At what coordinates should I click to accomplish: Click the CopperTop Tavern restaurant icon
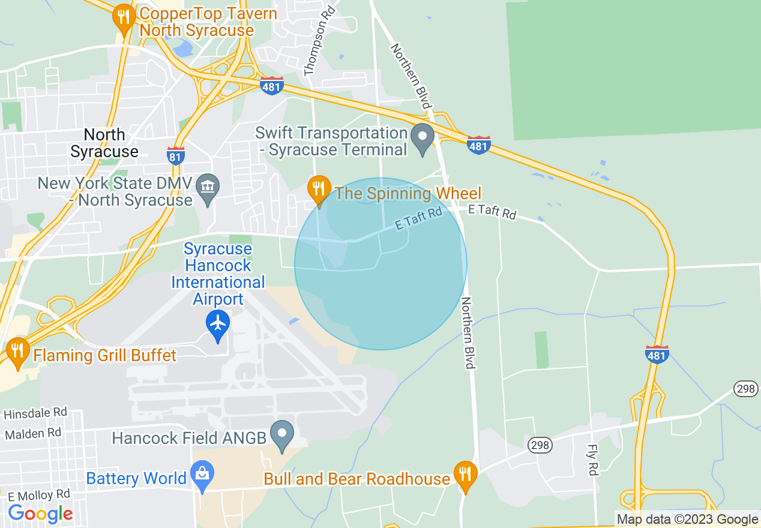[124, 17]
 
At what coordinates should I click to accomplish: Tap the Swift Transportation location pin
[423, 137]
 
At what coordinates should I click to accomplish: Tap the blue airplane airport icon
[218, 323]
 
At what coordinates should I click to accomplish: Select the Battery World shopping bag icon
[202, 475]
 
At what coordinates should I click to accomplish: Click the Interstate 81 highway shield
[176, 155]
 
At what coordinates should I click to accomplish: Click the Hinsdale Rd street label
[35, 413]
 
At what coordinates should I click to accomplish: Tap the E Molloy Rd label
[39, 496]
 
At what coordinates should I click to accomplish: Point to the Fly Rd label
[592, 460]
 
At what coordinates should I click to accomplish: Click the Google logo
[41, 514]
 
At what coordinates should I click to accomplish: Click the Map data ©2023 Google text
[688, 520]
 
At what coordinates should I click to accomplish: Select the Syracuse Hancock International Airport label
[217, 274]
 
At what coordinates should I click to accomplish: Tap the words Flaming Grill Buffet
[105, 356]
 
